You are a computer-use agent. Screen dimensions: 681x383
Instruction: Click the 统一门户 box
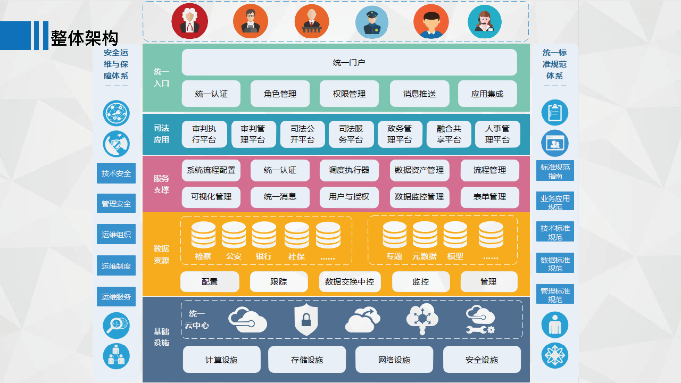point(350,62)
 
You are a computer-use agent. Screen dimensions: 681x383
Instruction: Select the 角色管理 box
point(280,94)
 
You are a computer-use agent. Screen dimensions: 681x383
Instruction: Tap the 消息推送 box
point(420,94)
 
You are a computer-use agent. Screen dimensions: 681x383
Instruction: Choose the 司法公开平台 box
point(303,134)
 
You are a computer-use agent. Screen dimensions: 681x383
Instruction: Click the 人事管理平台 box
point(497,134)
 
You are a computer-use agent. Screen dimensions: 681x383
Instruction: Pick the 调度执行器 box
point(349,170)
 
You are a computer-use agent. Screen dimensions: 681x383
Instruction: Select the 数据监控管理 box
point(420,197)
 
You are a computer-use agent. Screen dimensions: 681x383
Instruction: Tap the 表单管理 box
point(490,197)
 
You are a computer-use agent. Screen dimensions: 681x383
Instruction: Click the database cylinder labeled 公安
point(234,235)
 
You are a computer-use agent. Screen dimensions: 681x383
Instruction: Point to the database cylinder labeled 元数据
point(425,235)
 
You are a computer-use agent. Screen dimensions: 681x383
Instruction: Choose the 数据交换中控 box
point(350,282)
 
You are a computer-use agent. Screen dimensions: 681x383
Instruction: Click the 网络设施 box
point(394,360)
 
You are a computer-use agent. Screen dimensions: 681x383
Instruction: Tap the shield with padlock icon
point(306,320)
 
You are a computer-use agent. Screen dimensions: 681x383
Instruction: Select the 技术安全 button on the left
point(116,173)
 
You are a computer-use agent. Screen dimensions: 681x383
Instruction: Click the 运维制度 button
point(116,265)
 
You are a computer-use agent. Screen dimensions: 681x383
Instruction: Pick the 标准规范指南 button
point(555,171)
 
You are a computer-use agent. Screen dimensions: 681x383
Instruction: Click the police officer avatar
point(372,22)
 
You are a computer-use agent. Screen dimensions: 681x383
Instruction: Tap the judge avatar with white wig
point(190,21)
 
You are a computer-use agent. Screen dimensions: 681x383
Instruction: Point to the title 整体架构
point(84,38)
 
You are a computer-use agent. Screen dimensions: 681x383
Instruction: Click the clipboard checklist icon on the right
point(555,112)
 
